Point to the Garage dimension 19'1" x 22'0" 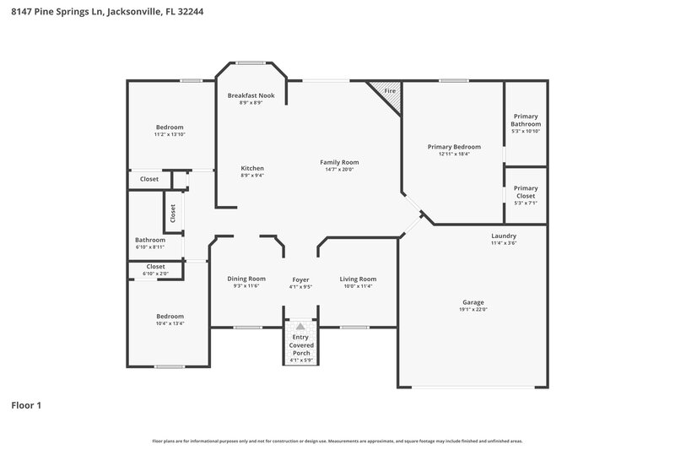click(472, 309)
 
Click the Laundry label click(504, 236)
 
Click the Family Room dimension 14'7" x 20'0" click(339, 169)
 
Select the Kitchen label click(251, 168)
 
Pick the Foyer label click(301, 279)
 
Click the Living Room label click(358, 279)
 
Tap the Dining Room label click(246, 279)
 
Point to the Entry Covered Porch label click(301, 345)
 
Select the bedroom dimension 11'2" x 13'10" click(169, 134)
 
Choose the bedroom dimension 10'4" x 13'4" click(169, 323)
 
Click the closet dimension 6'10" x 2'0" click(155, 274)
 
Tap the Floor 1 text click(26, 405)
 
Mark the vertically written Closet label click(173, 214)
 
